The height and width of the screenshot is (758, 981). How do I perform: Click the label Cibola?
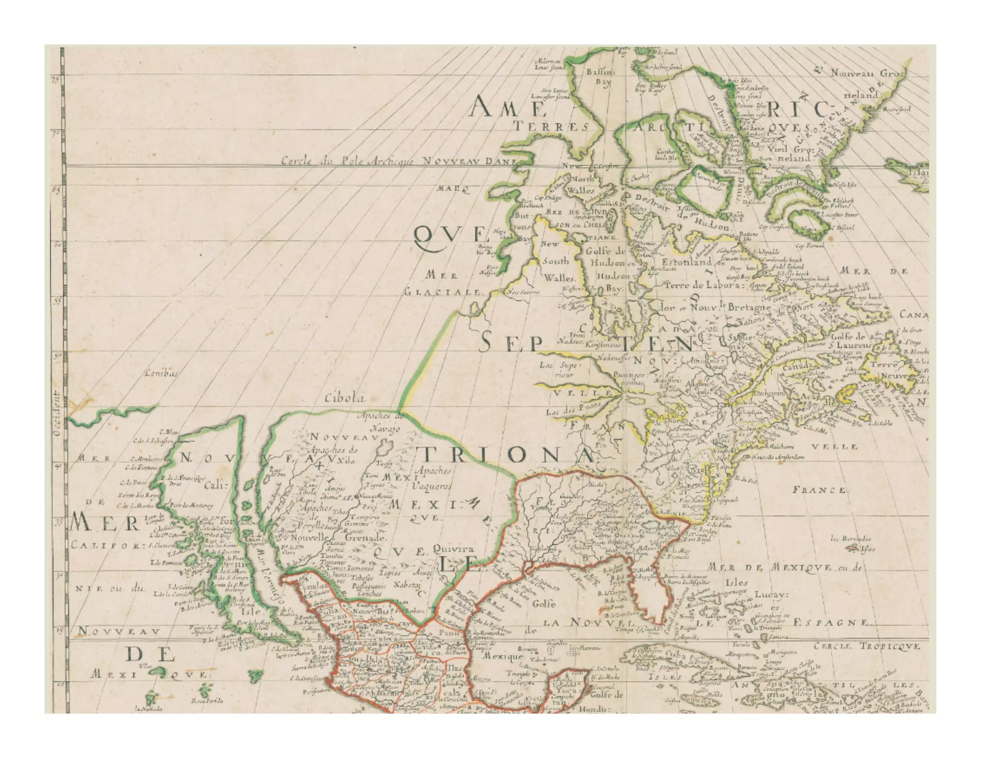tap(345, 398)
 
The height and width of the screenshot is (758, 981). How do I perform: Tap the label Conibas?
tap(161, 373)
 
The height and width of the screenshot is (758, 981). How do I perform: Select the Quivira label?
tap(453, 549)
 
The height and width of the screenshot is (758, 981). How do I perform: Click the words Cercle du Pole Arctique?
tap(347, 161)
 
